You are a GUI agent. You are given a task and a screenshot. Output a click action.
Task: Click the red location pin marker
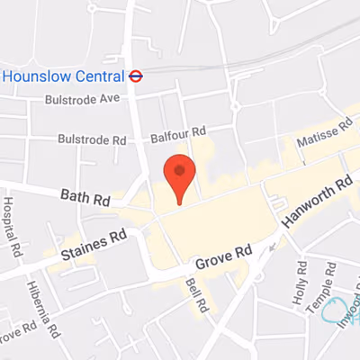(179, 177)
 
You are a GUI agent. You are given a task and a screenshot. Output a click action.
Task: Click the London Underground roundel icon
(137, 76)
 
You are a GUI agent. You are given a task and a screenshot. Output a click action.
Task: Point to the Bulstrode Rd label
(91, 139)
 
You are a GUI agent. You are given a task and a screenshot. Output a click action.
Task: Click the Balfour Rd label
(178, 132)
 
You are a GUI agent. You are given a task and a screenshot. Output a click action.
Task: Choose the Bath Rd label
(85, 195)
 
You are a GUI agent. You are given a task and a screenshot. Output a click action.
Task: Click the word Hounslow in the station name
(35, 76)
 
